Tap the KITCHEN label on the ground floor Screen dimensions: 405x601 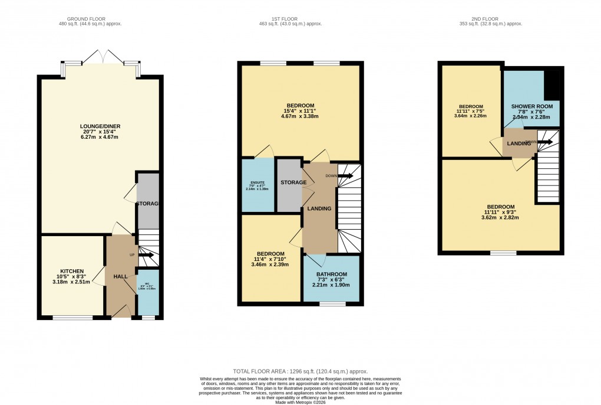[70, 271]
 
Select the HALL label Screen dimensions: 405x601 [120, 276]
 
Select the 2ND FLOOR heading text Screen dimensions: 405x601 [490, 18]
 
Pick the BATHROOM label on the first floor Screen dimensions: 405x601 [331, 275]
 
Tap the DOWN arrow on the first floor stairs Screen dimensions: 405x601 [345, 175]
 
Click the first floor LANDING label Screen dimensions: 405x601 [319, 208]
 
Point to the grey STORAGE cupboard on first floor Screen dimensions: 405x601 [289, 185]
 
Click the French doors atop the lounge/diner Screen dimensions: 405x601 [102, 57]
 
